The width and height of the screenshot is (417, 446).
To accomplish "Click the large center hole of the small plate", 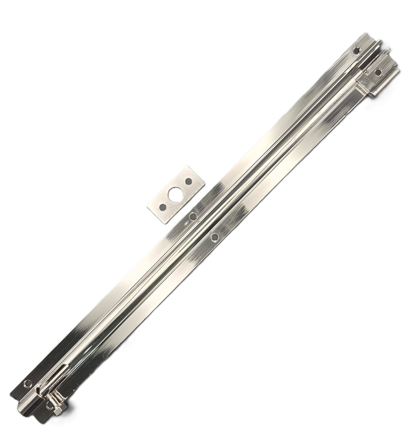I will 175,195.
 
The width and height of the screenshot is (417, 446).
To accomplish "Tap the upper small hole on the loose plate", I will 188,181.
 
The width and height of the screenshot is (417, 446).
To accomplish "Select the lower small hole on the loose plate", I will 162,208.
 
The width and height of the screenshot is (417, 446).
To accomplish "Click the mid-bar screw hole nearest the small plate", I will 193,216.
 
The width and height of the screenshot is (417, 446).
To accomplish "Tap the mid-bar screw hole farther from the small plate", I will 215,237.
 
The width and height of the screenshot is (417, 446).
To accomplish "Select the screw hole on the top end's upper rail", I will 356,51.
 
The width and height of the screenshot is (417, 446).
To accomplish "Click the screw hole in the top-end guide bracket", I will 377,72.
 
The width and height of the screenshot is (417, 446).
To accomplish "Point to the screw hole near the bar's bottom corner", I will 28,384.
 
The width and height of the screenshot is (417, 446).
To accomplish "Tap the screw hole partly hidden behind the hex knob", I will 49,405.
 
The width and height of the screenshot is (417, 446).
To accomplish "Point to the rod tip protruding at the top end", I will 381,43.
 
